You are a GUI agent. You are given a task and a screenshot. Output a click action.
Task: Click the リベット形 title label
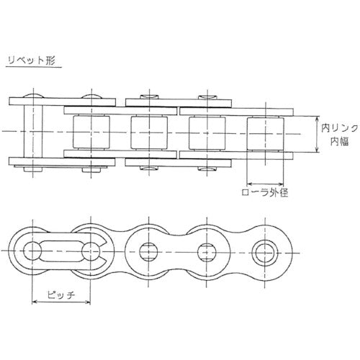tap(32, 60)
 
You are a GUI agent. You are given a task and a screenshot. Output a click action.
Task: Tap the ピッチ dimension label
tap(61, 294)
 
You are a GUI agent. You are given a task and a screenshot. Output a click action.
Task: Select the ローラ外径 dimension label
tap(265, 192)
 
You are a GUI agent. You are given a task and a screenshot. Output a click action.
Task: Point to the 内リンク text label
tap(339, 128)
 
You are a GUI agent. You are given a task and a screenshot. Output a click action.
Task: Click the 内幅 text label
tap(339, 142)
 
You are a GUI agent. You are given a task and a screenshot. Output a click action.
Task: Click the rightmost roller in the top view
tap(265, 133)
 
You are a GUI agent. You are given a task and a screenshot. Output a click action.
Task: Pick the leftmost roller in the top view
tap(91, 132)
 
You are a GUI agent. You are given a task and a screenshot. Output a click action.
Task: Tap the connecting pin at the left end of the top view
tap(33, 132)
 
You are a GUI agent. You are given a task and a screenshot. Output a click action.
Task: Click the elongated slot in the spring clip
tap(61, 251)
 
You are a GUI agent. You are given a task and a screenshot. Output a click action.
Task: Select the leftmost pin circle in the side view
tap(32, 251)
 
